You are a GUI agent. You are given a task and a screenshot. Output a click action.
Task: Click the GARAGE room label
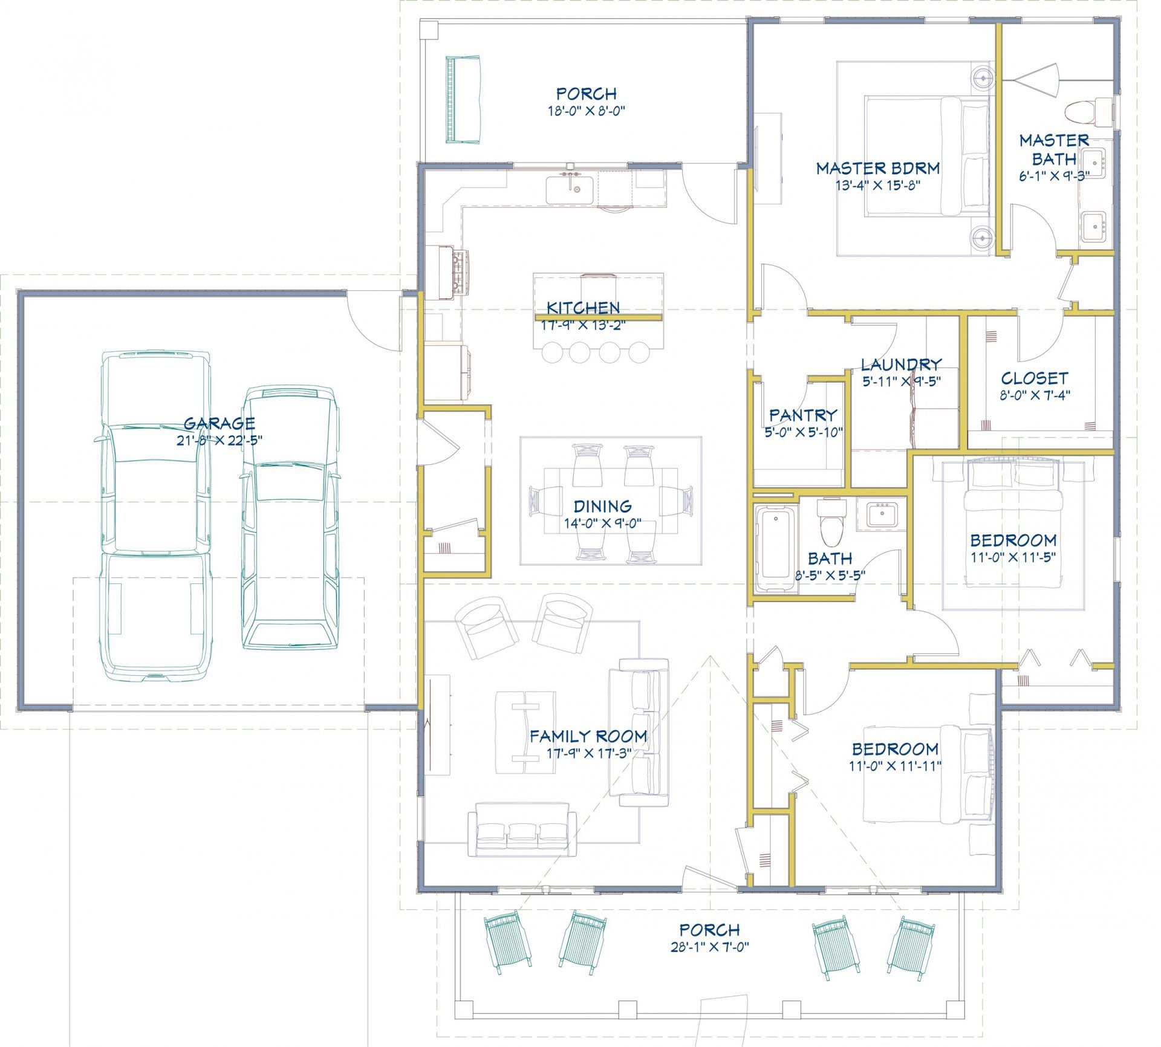(220, 423)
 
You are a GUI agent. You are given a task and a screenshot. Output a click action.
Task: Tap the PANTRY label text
(803, 415)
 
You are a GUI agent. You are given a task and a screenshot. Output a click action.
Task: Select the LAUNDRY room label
(901, 365)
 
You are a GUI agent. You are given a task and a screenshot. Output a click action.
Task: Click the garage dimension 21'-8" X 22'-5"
(220, 441)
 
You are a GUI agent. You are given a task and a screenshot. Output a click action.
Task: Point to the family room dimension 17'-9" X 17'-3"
(588, 753)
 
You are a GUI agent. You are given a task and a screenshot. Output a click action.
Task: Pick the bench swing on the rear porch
(464, 100)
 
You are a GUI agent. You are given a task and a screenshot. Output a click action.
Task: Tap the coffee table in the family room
(525, 732)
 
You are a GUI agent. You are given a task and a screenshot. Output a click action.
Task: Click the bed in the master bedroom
(927, 157)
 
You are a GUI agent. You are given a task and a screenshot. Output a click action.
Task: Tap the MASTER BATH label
(1055, 149)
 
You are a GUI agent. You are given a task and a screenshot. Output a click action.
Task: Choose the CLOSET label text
(1035, 378)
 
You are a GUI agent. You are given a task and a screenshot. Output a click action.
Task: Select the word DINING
(603, 506)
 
